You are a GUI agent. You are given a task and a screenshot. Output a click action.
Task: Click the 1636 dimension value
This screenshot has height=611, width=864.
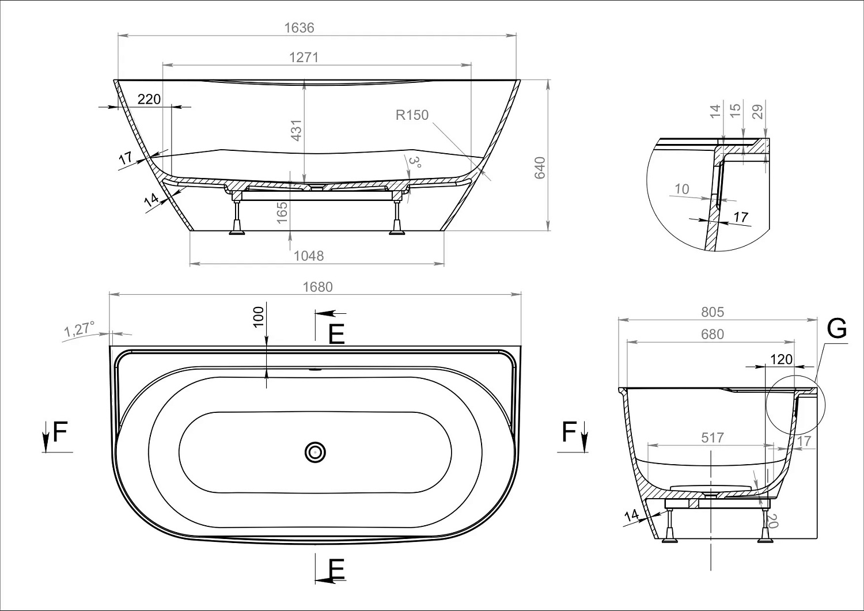click(299, 28)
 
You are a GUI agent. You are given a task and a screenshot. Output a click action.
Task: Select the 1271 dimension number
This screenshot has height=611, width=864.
click(304, 58)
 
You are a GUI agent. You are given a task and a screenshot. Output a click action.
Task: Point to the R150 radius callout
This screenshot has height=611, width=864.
click(412, 115)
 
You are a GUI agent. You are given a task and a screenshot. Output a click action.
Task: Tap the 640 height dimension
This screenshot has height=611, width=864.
click(540, 168)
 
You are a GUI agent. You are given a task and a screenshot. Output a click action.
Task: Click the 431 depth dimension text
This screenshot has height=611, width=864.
click(296, 130)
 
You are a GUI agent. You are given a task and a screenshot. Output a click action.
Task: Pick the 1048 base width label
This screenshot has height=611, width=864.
click(309, 256)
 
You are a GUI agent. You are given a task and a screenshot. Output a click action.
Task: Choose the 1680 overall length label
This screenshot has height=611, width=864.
click(317, 287)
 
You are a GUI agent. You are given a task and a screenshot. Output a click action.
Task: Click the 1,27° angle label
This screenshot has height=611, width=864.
click(79, 329)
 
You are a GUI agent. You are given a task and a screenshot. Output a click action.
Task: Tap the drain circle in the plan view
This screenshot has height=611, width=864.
click(315, 452)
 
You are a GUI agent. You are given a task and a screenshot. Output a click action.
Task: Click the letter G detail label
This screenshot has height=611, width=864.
click(836, 329)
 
